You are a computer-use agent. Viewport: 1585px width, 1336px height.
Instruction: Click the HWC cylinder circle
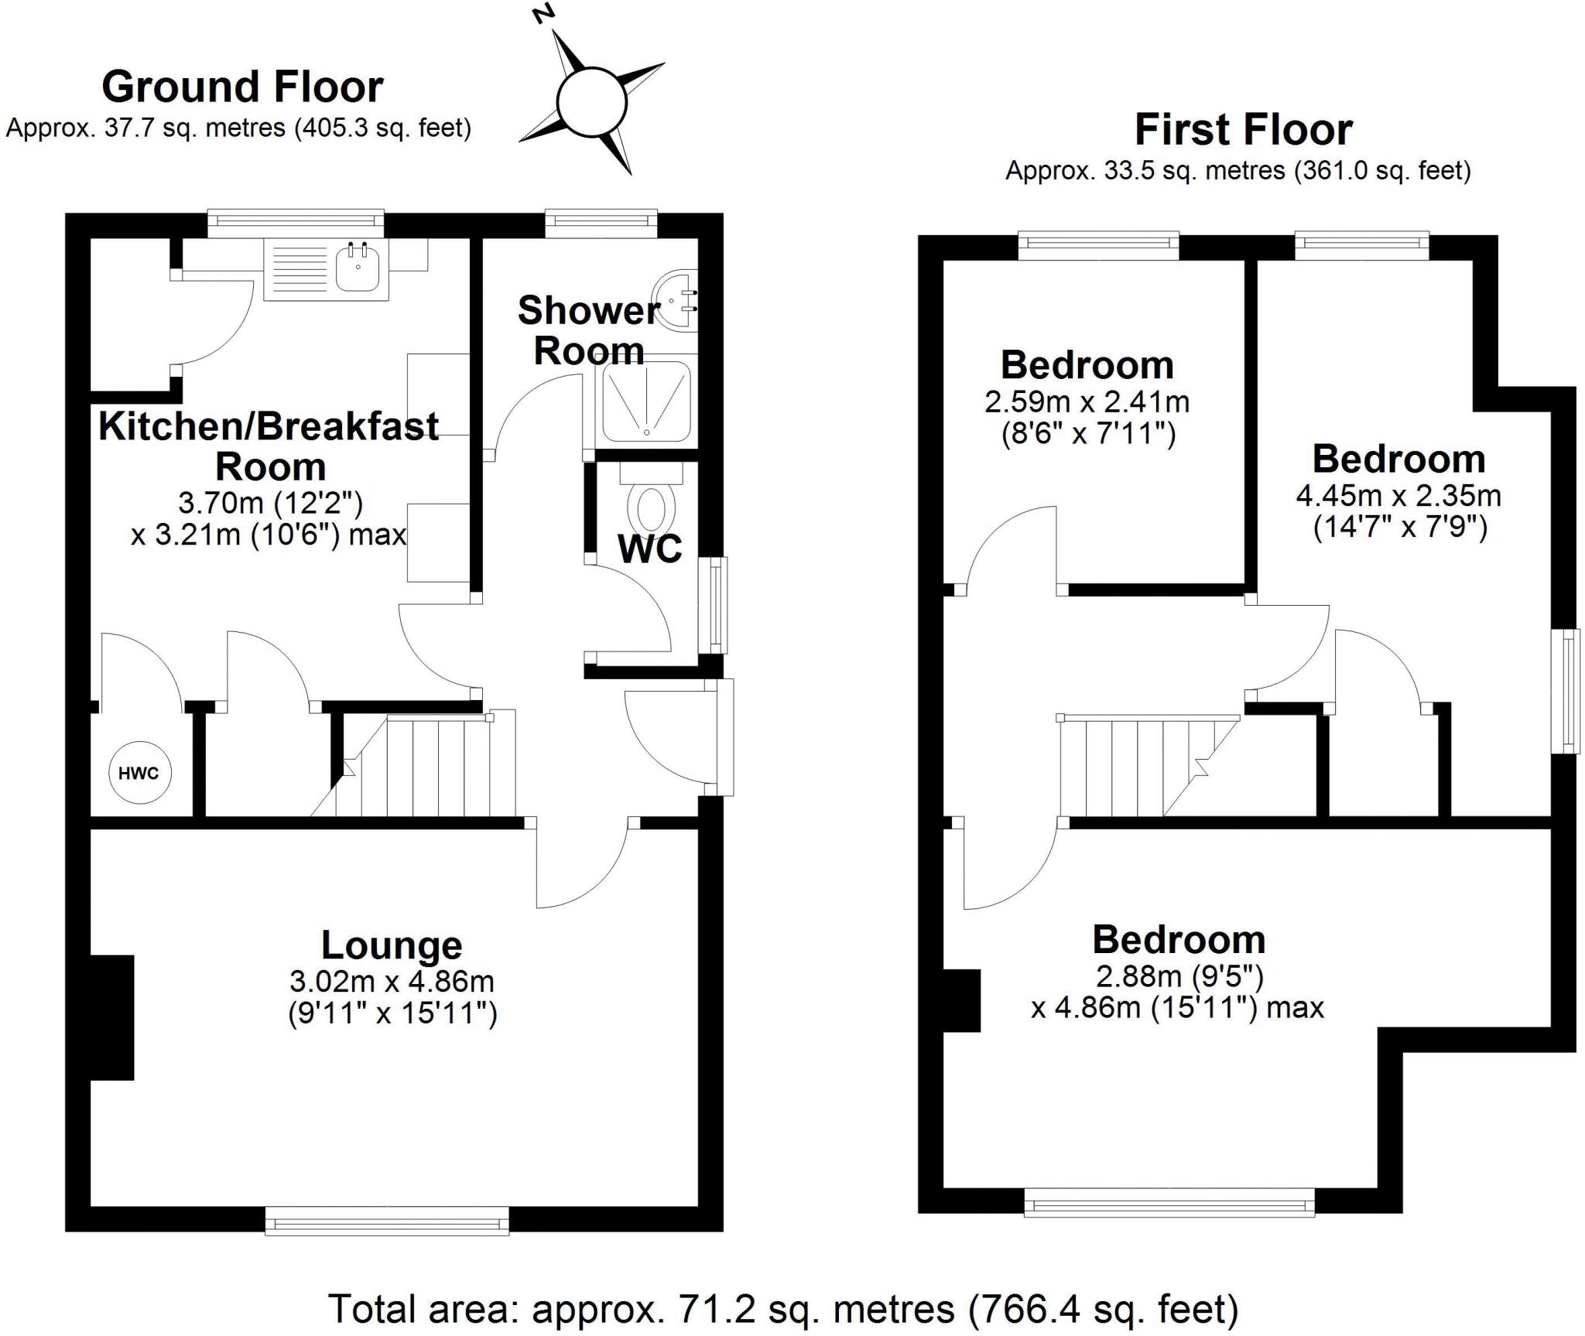pyautogui.click(x=139, y=772)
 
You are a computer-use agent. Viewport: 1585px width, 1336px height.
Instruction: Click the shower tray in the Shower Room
pyautogui.click(x=645, y=401)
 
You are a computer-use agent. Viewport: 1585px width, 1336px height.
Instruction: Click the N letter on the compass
pyautogui.click(x=546, y=14)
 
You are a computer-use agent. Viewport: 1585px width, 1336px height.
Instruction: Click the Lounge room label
pyautogui.click(x=392, y=945)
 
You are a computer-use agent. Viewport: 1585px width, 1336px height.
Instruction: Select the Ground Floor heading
pyautogui.click(x=242, y=87)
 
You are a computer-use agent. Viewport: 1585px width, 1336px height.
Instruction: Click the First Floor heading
pyautogui.click(x=1243, y=129)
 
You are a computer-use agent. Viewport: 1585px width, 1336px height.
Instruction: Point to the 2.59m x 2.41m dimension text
pyautogui.click(x=1087, y=401)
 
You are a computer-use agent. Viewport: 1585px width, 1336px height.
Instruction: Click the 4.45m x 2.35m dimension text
pyautogui.click(x=1398, y=495)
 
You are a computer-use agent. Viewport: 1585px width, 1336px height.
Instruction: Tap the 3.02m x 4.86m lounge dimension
pyautogui.click(x=392, y=981)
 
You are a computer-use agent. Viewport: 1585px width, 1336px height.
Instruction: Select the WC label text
pyautogui.click(x=649, y=548)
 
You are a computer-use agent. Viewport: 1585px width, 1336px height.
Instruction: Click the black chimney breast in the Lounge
pyautogui.click(x=111, y=1017)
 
